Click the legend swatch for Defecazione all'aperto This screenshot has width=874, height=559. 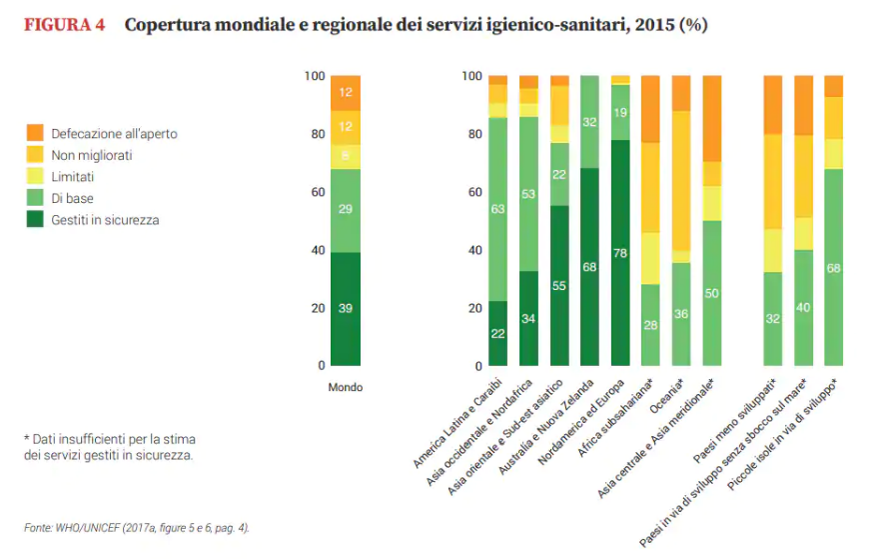(35, 133)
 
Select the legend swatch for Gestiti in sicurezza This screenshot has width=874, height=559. (35, 219)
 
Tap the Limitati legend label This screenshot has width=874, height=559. (73, 177)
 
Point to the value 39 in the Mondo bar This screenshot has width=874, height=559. (345, 308)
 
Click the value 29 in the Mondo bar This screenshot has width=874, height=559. (345, 210)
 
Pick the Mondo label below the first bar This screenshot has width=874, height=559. (346, 387)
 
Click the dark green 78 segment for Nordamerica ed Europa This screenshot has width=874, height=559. (620, 253)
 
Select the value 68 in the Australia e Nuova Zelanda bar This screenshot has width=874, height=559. (589, 267)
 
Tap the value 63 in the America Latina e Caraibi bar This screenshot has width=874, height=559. (497, 209)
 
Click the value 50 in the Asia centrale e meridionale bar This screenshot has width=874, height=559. (712, 292)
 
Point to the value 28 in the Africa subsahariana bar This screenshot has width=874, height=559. (650, 326)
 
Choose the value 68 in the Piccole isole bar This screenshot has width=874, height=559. (834, 268)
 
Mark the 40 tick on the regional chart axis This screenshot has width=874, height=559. (471, 250)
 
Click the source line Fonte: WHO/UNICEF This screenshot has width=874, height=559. (135, 527)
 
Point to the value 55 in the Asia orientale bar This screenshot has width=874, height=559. (559, 286)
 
